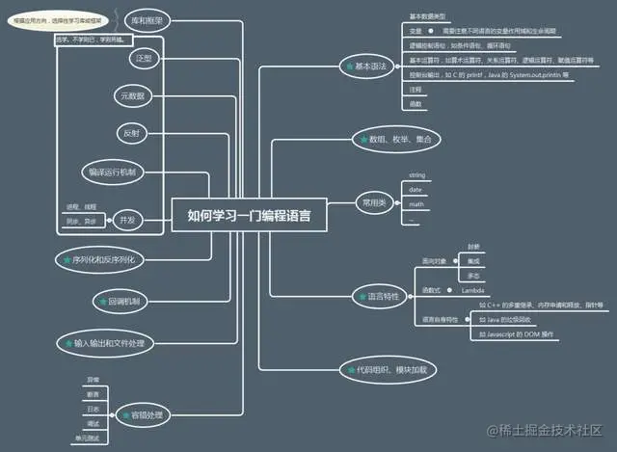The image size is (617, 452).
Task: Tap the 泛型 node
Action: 143,59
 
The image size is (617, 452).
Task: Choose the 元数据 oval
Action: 138,96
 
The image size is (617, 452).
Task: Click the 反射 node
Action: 134,132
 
